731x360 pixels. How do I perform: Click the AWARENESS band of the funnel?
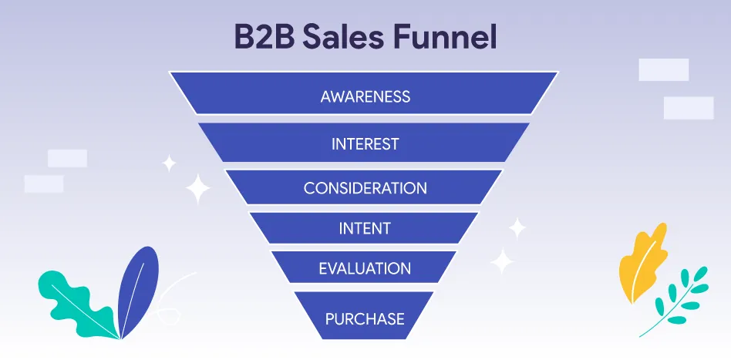tap(365, 96)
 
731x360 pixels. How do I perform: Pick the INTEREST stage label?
tap(365, 143)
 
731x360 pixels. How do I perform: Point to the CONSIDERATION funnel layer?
tap(365, 188)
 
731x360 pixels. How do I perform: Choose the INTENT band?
tap(365, 228)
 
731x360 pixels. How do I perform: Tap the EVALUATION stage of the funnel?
tap(365, 268)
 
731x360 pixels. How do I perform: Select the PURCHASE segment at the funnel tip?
tap(365, 318)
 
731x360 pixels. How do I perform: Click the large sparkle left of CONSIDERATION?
tap(198, 189)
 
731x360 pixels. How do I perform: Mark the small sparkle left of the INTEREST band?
tap(169, 163)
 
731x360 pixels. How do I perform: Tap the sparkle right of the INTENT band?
tap(517, 227)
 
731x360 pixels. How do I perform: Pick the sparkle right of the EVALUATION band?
tap(503, 261)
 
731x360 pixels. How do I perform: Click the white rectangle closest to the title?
tap(663, 69)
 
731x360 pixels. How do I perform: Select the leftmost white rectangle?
tap(43, 183)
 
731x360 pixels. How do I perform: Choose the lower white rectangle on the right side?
tap(688, 108)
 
